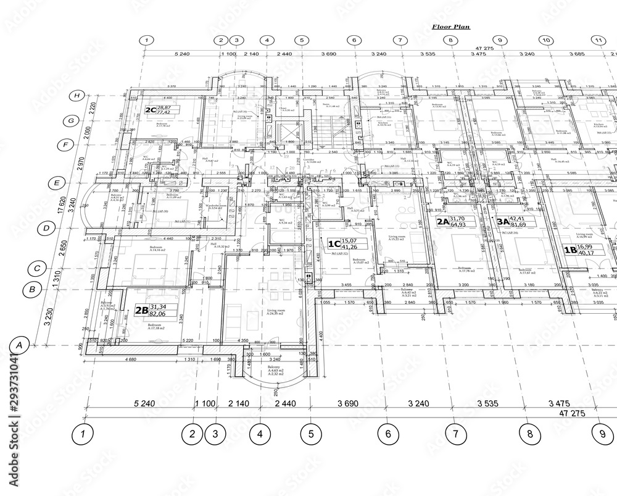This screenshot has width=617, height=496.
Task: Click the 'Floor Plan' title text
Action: click(450, 27)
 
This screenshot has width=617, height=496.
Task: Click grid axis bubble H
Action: click(77, 96)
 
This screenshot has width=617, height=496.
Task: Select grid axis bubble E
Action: click(56, 183)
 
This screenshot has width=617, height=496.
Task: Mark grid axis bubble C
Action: click(36, 269)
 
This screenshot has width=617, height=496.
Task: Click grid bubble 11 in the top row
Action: click(597, 40)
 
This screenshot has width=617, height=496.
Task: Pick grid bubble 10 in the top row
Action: click(545, 40)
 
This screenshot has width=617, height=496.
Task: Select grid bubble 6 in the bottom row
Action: click(388, 434)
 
